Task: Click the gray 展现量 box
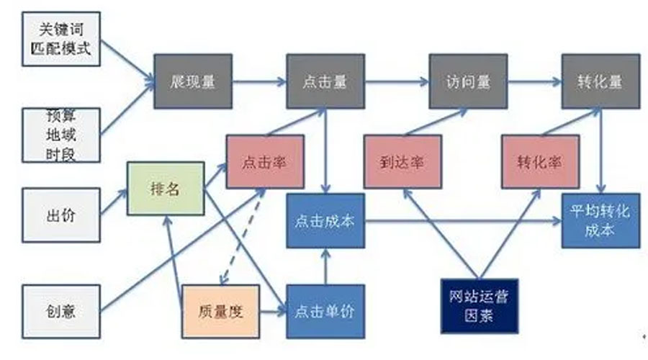(x=193, y=81)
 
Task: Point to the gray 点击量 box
(x=325, y=81)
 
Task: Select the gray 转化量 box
(x=600, y=81)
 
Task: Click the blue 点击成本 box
(x=325, y=220)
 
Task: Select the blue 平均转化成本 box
(x=600, y=220)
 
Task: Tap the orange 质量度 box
(x=220, y=312)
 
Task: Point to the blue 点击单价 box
(x=325, y=312)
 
